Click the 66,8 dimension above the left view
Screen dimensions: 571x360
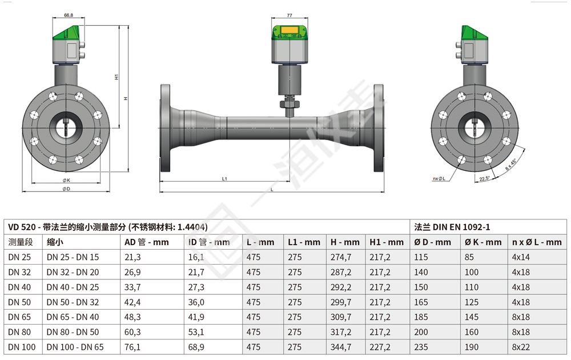coord(69,15)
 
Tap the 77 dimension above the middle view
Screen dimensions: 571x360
coord(289,15)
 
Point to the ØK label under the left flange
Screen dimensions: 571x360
coord(66,180)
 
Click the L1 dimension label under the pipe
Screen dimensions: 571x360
coord(224,178)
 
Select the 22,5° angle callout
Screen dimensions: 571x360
coord(485,178)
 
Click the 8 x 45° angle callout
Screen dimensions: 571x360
coord(511,165)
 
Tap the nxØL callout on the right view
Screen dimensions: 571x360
coord(439,178)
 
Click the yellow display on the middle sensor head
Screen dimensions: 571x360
coord(289,30)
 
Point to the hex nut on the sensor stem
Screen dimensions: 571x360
coord(289,105)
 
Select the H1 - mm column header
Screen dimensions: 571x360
coord(387,242)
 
